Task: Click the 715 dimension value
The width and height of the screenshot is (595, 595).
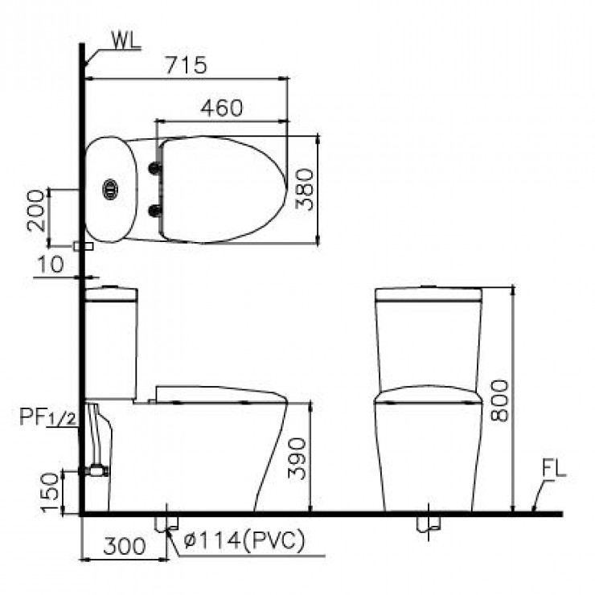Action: point(187,65)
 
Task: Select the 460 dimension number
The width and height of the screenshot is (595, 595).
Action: point(220,108)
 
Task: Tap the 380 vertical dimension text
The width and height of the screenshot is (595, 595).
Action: point(303,189)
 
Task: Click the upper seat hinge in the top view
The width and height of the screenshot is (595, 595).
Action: point(154,167)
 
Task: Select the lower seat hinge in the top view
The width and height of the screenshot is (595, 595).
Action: point(154,211)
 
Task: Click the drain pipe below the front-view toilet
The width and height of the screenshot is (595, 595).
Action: point(428,523)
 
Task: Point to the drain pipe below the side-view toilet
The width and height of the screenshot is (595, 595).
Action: point(166,523)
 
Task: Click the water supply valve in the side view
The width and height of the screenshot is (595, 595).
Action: point(97,470)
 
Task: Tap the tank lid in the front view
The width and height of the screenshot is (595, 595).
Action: point(428,293)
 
